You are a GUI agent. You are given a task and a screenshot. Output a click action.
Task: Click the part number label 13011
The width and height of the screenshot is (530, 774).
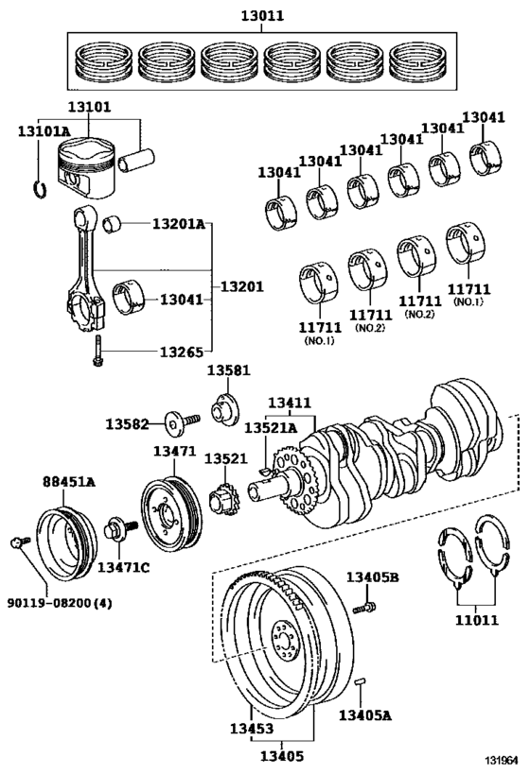(262, 16)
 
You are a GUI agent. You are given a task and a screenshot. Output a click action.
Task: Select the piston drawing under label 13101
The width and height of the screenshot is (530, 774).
(86, 167)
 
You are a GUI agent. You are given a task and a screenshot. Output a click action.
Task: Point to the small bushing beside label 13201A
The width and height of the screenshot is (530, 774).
(112, 224)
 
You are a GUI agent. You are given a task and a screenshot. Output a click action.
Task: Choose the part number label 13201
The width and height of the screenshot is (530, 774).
(241, 286)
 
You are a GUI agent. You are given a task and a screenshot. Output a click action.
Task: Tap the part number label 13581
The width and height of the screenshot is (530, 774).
(228, 370)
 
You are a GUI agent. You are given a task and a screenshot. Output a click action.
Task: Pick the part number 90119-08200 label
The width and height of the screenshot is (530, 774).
(60, 603)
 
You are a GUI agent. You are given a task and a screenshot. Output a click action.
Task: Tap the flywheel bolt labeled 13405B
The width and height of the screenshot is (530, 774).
(364, 607)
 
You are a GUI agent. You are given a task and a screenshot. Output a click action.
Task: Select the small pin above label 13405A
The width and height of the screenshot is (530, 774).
(361, 681)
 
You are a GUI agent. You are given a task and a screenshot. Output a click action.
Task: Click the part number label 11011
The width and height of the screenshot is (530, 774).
(477, 620)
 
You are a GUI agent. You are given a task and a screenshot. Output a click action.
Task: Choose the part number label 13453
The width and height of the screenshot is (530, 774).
(252, 728)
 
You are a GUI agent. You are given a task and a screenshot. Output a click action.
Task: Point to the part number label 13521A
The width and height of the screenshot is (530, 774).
(271, 427)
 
